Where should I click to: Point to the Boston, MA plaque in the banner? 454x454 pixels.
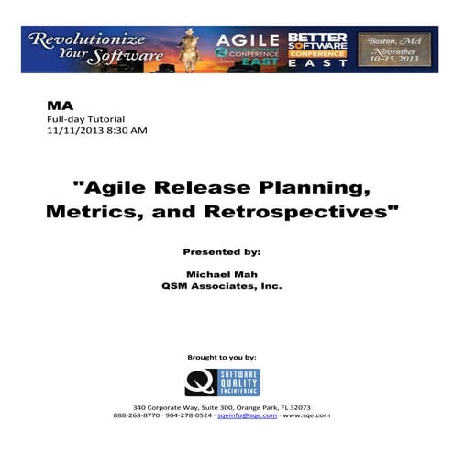pos(384,47)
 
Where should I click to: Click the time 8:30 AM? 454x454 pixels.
pos(126,131)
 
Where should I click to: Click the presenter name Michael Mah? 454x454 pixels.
pos(221,274)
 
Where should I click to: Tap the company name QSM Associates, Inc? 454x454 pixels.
pos(221,286)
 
